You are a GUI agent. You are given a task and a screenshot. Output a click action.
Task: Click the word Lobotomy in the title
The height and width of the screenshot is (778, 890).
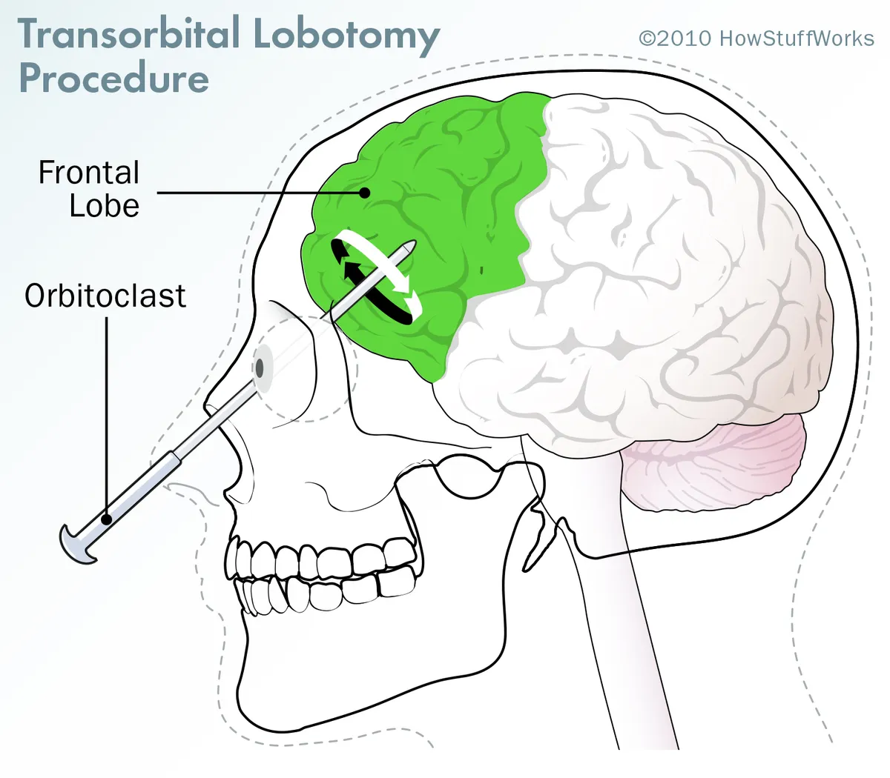pyautogui.click(x=346, y=36)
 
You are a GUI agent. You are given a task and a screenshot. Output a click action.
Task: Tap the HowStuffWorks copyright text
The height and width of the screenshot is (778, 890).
pyautogui.click(x=756, y=39)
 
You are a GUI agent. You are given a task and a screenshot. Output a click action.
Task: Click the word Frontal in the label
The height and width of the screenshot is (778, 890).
pyautogui.click(x=89, y=173)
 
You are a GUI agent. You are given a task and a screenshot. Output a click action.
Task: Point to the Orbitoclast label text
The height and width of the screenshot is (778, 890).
pyautogui.click(x=105, y=296)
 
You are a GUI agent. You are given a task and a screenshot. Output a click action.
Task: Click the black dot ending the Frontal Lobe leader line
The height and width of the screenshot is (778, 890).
pyautogui.click(x=364, y=193)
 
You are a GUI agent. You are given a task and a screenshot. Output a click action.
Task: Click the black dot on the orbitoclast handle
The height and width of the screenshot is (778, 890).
pyautogui.click(x=107, y=519)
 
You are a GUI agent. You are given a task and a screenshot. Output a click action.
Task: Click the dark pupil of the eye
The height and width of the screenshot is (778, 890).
pyautogui.click(x=260, y=368)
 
